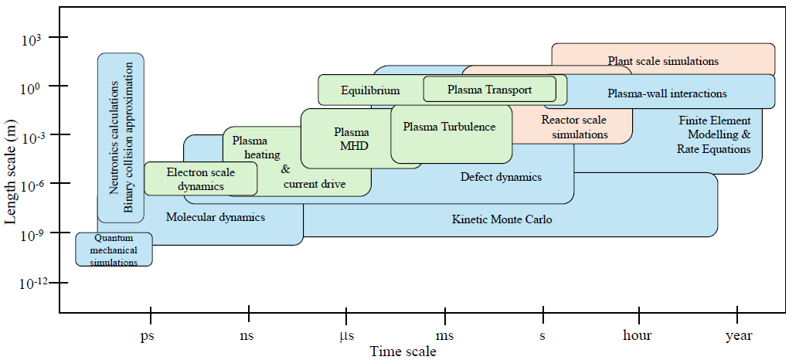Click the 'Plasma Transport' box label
point(489,90)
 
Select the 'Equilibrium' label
point(370,90)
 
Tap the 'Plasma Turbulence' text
point(449,127)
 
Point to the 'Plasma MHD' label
point(352,139)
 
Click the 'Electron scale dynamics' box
point(201,178)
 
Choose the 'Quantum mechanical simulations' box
point(114,249)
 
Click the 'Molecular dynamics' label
point(216,217)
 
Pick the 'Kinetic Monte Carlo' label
point(502,219)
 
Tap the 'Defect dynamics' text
point(502,177)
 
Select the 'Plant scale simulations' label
point(663,61)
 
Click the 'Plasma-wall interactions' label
point(667,93)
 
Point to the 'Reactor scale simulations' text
point(574,127)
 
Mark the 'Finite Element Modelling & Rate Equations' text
point(714,135)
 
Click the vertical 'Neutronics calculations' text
point(114,138)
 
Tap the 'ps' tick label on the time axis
point(147,335)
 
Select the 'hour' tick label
point(637,335)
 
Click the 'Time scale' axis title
point(403,351)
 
